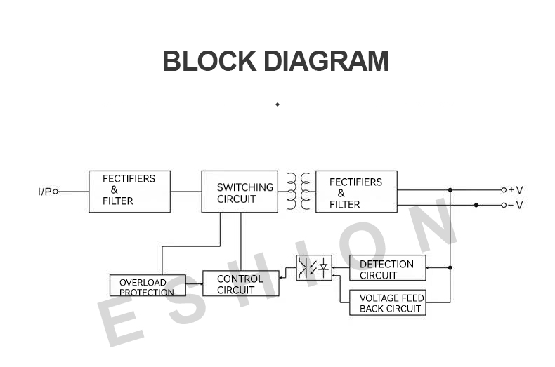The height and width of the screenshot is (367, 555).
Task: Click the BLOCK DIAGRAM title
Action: click(x=275, y=61)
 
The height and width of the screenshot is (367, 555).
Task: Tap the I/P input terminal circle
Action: click(x=55, y=192)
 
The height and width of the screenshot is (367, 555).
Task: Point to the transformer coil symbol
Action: click(x=298, y=192)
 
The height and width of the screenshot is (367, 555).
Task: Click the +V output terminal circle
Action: click(x=504, y=190)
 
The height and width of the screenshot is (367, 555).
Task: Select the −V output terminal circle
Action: click(x=504, y=205)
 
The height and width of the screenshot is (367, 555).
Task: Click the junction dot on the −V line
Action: click(x=476, y=205)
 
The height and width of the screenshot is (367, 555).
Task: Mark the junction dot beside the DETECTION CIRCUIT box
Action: click(x=450, y=267)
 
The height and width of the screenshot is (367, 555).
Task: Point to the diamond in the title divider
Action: click(x=277, y=105)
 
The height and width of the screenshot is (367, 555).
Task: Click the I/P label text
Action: click(x=44, y=192)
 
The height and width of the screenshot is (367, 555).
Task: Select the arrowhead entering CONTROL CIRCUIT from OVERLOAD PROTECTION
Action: click(x=202, y=283)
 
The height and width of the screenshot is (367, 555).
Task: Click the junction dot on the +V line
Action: click(x=450, y=190)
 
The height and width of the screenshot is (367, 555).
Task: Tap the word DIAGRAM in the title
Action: click(x=327, y=61)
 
